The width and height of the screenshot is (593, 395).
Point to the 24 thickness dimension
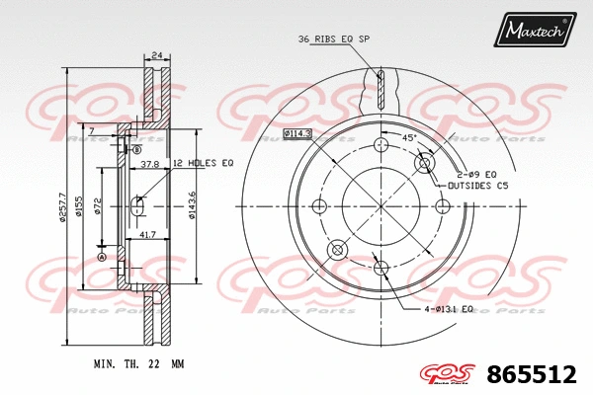[x=156, y=55]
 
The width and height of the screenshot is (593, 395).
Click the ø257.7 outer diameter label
[x=61, y=206]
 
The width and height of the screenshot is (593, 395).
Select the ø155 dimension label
[x=81, y=206]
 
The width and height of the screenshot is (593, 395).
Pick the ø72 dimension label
[x=99, y=205]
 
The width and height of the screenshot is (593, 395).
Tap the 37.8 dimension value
[x=150, y=164]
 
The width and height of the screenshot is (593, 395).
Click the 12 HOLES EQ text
[x=203, y=163]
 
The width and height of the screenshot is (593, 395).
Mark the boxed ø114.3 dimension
[x=296, y=133]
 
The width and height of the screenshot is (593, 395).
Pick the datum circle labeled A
[x=101, y=257]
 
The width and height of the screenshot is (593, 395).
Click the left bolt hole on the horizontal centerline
[x=318, y=206]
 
